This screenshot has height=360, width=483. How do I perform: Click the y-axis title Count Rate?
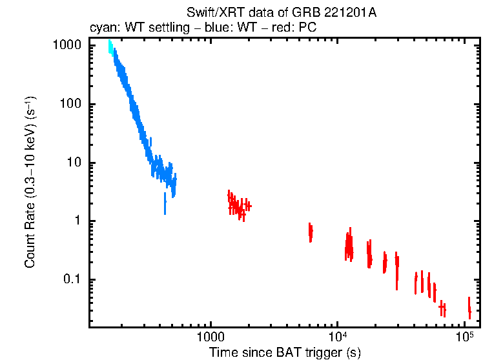pyautogui.click(x=30, y=183)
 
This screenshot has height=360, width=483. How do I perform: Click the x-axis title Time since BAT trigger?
pyautogui.click(x=285, y=352)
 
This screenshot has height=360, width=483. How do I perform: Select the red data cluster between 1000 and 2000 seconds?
pyautogui.click(x=238, y=205)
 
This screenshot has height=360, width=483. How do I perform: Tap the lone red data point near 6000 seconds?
pyautogui.click(x=311, y=231)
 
